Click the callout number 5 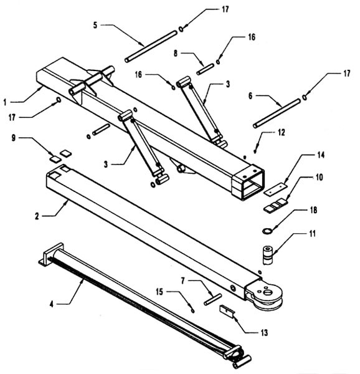coord(95,25)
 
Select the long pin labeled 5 coord(151,47)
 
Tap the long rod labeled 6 coord(277,113)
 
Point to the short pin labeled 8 coord(205,69)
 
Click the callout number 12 coord(282,132)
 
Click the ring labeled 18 coord(267,231)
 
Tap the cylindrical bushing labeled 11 coord(268,255)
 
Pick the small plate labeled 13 coord(227,311)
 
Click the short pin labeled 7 coord(213,299)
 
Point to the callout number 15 coord(159,292)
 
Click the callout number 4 coord(52,304)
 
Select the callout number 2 coord(37,216)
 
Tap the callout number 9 coord(14,138)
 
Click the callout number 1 coord(4,103)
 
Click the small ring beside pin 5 coord(181,29)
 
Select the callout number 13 coord(264,332)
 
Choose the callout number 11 coord(312,234)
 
